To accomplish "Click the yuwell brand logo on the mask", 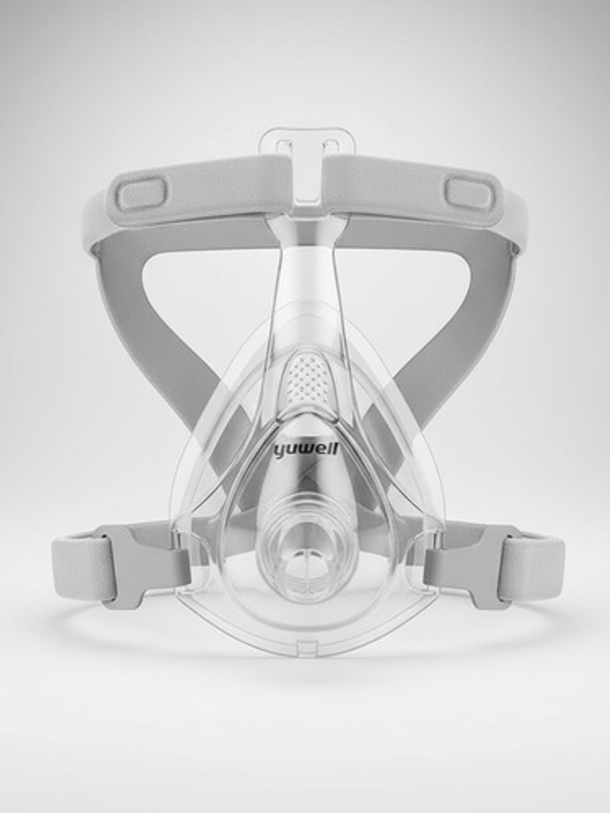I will pyautogui.click(x=306, y=450).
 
